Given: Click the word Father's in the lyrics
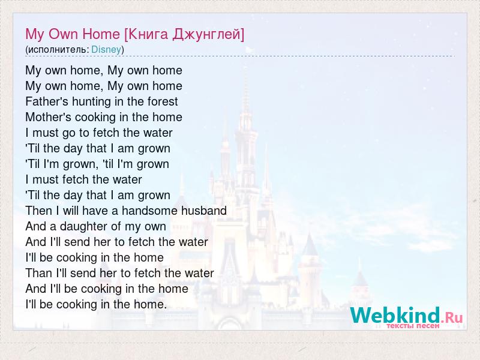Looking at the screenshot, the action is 47,101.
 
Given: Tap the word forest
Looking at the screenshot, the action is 163,101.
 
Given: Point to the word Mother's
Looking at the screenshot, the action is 49,117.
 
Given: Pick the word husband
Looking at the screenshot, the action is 204,211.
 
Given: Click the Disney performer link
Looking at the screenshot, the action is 106,50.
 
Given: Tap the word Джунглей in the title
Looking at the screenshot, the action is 208,34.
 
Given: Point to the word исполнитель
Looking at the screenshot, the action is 58,50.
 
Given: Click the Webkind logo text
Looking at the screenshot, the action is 395,316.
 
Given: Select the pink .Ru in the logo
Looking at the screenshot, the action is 452,317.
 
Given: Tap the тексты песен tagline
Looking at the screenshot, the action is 413,326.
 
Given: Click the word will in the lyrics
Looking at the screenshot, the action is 71,211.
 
